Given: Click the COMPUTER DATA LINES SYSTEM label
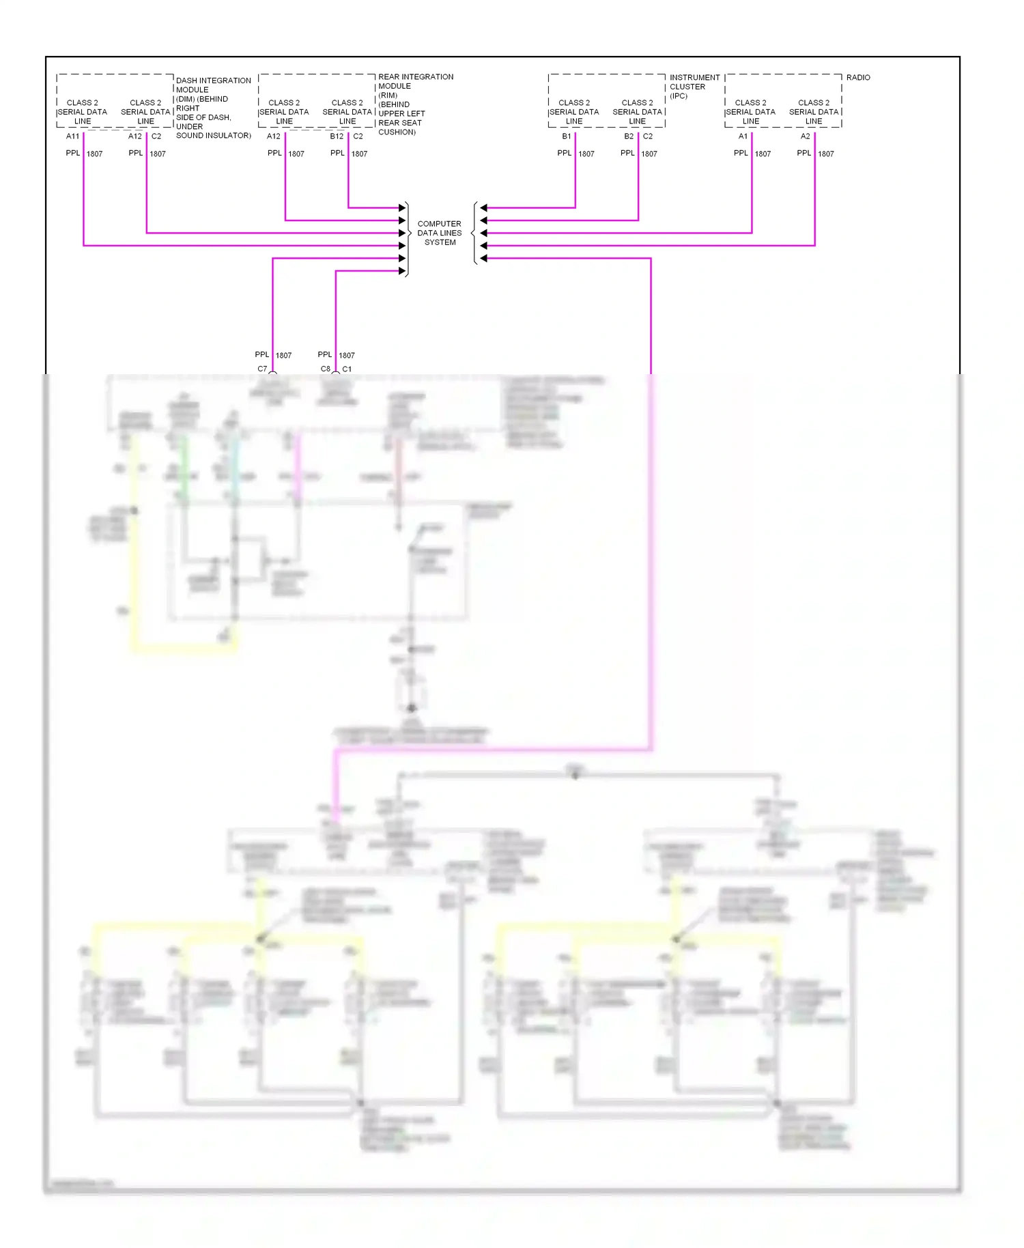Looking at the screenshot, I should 439,233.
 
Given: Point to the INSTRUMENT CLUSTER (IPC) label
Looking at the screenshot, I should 694,87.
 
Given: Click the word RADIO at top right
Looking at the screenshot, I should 857,78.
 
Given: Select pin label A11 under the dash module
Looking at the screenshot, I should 72,137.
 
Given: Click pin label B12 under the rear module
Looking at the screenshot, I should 337,137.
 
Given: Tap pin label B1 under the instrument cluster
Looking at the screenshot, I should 567,137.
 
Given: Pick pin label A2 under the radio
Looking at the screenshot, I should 806,137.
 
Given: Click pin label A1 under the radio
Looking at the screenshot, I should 743,137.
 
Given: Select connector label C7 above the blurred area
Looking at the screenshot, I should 262,369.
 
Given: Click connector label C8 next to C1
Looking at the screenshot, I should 326,369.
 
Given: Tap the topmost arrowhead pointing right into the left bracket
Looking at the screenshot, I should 402,208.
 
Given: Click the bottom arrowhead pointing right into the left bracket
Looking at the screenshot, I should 402,271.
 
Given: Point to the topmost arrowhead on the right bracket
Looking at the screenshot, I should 483,208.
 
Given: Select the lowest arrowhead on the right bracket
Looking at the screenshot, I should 483,258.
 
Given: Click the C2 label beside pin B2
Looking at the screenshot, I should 647,137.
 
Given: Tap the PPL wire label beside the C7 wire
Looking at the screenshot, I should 261,354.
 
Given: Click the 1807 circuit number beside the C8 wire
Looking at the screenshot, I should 347,355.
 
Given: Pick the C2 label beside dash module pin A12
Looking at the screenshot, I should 156,137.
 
